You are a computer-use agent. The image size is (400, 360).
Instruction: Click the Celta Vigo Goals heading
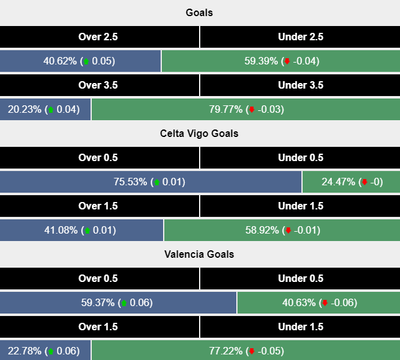tap(199, 133)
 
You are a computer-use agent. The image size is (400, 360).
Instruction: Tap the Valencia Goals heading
tap(199, 254)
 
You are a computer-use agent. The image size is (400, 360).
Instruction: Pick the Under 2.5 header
tap(301, 37)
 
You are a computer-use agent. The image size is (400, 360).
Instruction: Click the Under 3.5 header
tap(301, 85)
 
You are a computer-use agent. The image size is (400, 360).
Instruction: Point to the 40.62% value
tap(60, 61)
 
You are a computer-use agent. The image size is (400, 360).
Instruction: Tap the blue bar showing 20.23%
tap(45, 110)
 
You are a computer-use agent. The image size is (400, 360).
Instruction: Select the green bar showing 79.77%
tap(246, 110)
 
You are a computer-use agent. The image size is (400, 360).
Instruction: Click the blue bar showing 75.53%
tap(151, 182)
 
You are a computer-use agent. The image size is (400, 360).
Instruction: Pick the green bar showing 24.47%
tap(351, 182)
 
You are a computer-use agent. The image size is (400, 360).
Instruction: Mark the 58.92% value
tap(264, 230)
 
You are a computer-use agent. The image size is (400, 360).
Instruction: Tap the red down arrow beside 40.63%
tap(324, 303)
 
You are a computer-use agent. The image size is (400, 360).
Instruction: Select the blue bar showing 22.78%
tap(45, 351)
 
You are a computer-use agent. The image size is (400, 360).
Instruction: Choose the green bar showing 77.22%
tap(246, 351)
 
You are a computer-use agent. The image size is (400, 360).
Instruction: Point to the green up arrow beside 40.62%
tap(86, 61)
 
